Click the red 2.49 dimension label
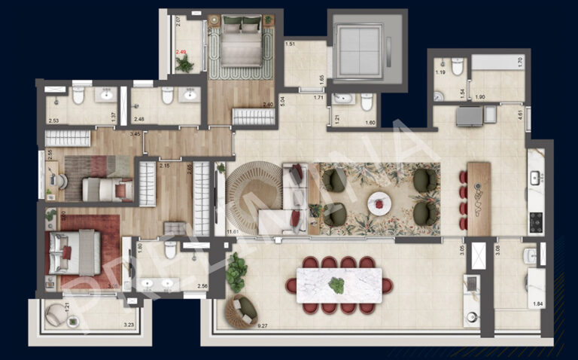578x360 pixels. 181,52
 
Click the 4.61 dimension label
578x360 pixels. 520,115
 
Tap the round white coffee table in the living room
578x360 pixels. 379,203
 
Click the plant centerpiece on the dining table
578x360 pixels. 336,285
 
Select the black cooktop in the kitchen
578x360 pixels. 536,221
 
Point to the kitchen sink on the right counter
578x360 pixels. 535,178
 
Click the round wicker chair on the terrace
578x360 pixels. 241,309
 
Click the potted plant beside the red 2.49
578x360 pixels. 185,65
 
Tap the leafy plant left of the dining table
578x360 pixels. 236,272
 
